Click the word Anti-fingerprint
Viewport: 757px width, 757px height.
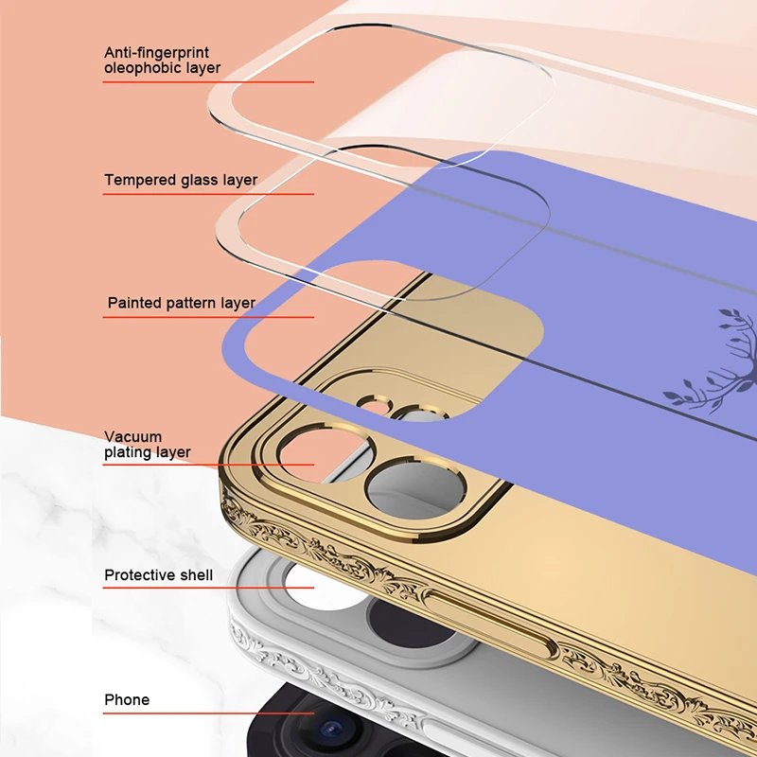coord(157,52)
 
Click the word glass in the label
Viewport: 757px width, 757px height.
coord(200,180)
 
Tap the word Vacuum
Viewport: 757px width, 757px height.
coord(133,437)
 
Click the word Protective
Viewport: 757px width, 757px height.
coord(140,575)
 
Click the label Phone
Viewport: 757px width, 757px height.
coord(127,700)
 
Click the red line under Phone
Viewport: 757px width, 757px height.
coord(208,714)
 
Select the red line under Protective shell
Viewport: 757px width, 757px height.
coord(208,589)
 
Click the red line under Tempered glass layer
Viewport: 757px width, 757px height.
coord(208,194)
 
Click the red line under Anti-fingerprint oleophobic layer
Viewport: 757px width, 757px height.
coord(208,81)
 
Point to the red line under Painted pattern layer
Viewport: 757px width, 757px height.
coord(208,317)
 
